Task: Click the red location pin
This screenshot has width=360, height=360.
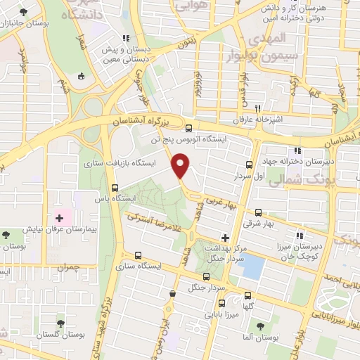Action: coord(181,166)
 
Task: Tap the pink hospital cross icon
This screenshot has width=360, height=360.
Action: coord(59,219)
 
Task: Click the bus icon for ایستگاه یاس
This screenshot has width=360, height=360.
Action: coord(115,188)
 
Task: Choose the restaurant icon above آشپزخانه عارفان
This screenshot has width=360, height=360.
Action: coord(258,108)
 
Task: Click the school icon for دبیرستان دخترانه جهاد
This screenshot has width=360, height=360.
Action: coord(297,150)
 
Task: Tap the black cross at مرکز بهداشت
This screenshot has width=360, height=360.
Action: coord(225,238)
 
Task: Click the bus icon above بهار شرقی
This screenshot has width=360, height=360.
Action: coord(258,212)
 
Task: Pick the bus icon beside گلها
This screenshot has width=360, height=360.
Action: coord(247,295)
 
